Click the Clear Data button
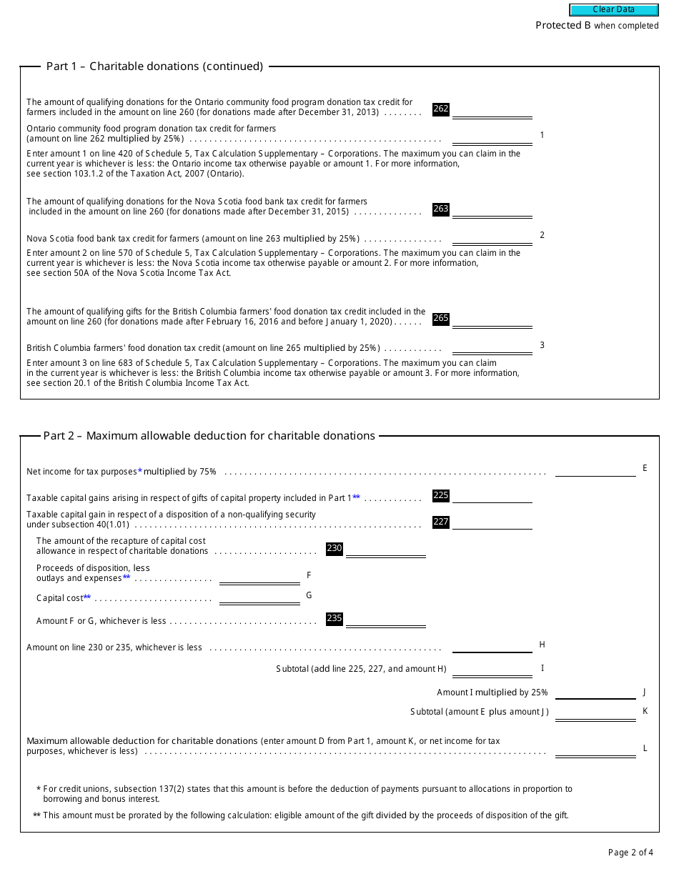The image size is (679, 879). click(613, 10)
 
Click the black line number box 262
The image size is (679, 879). click(441, 109)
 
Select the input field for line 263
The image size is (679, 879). click(492, 209)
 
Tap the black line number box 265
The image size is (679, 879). click(441, 319)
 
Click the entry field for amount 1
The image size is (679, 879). click(492, 137)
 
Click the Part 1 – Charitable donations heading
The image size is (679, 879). click(154, 66)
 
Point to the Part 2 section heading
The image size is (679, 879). click(209, 436)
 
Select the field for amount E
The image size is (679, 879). click(595, 470)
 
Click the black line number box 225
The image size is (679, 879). click(441, 495)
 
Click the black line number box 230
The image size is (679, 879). click(334, 549)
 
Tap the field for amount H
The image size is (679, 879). click(492, 647)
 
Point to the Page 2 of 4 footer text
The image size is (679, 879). click(630, 853)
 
